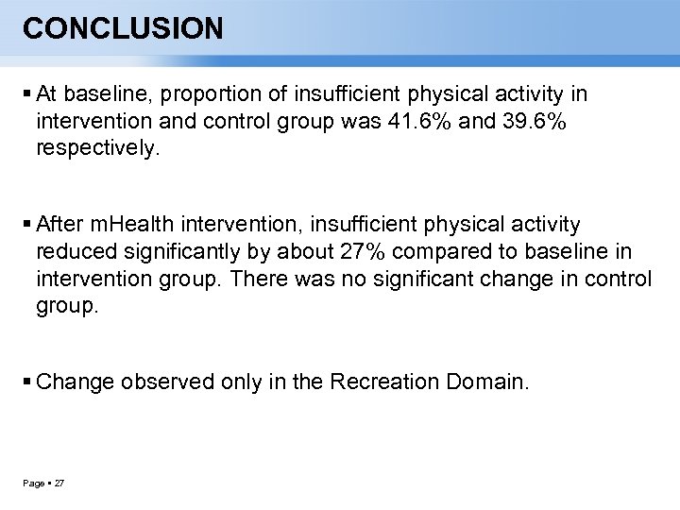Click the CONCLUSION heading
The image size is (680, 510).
[x=123, y=29]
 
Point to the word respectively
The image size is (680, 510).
[x=98, y=148]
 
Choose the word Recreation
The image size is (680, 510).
[x=381, y=382]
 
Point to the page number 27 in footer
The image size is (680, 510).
[x=59, y=484]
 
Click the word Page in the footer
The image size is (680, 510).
[x=33, y=484]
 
